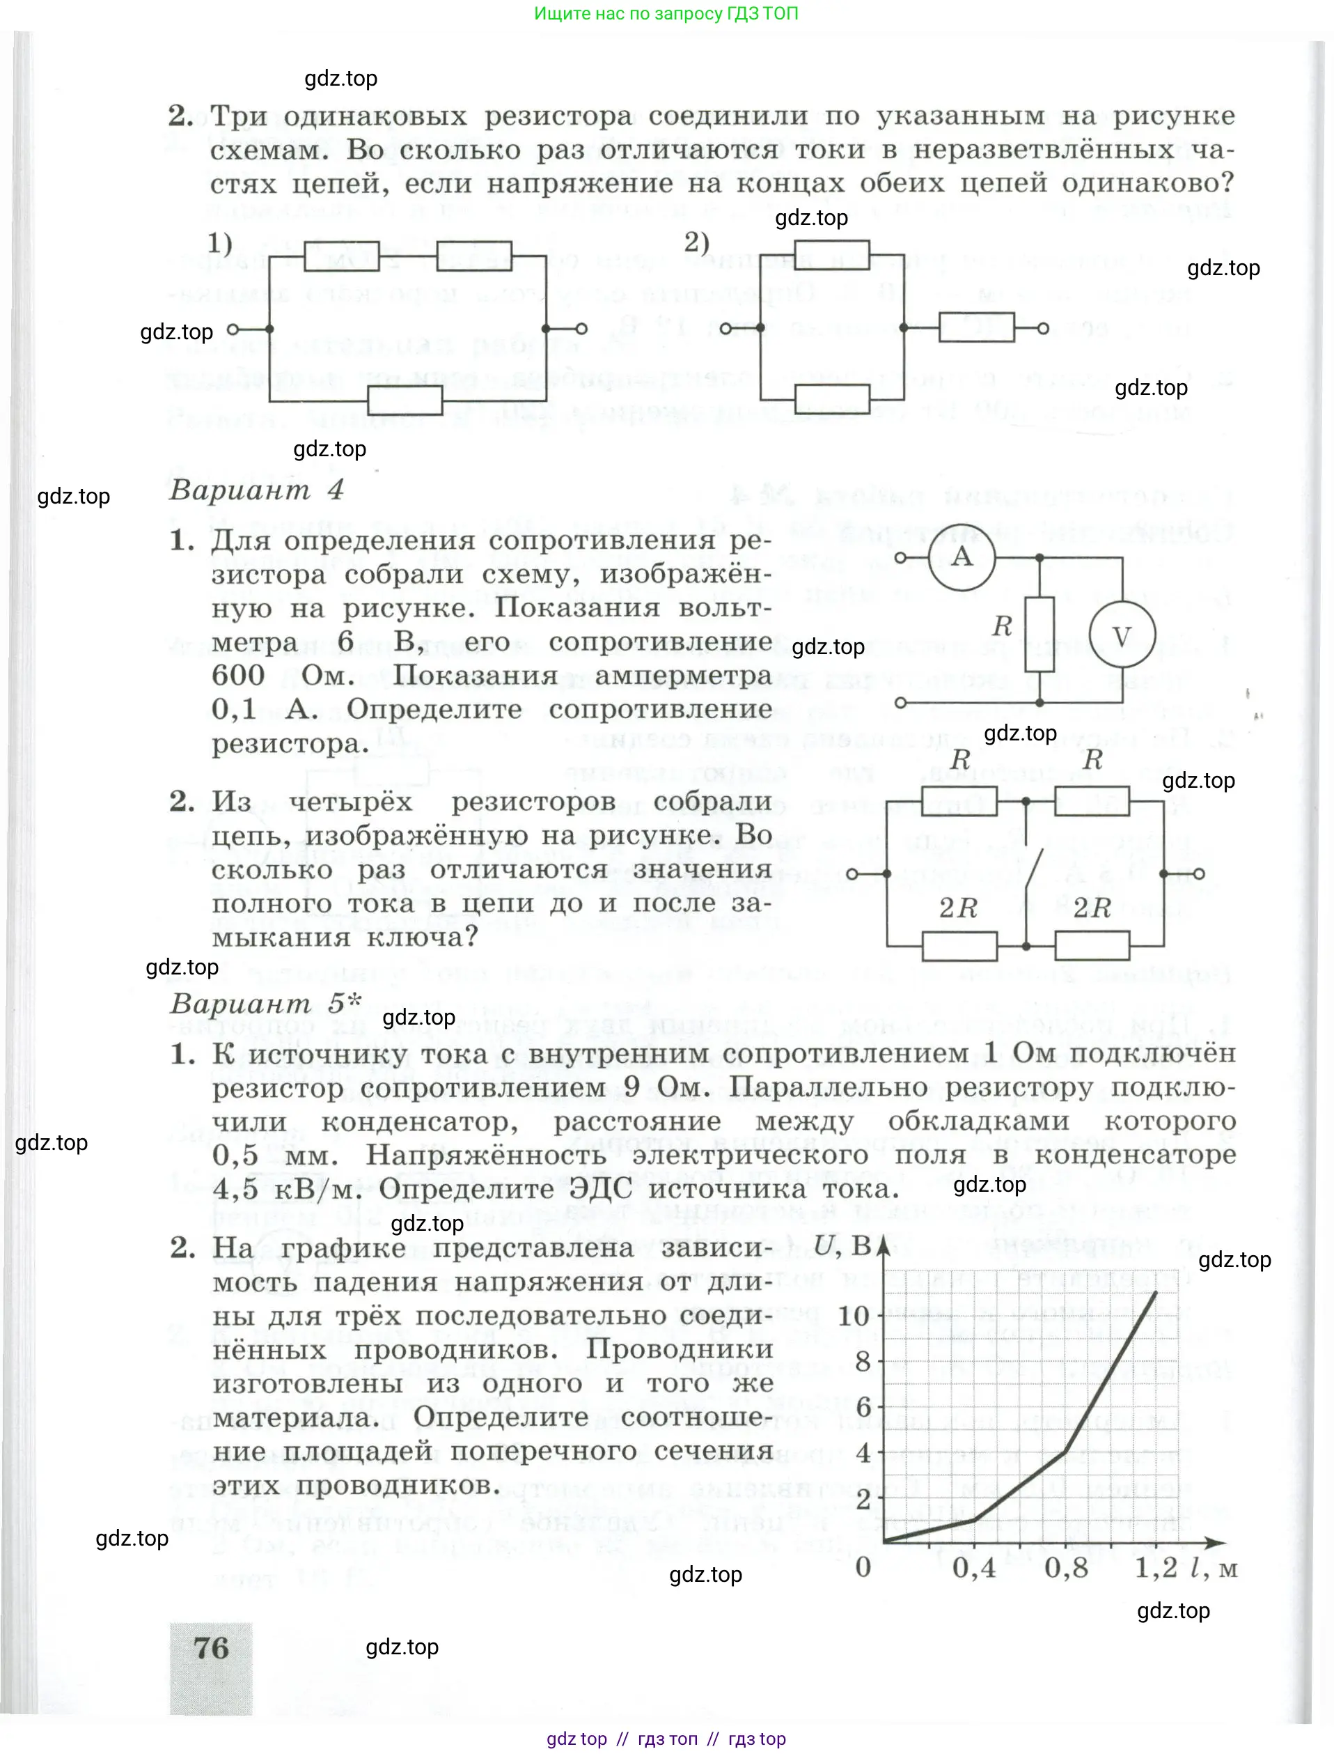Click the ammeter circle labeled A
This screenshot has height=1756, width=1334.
click(962, 557)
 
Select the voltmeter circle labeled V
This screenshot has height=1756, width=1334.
click(1121, 636)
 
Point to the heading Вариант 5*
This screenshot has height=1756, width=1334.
click(266, 1003)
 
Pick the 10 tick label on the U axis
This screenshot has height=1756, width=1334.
click(854, 1316)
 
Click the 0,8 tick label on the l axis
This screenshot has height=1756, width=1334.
click(1066, 1567)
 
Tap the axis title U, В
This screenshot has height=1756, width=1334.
click(842, 1245)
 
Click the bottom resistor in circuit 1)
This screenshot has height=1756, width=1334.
click(405, 401)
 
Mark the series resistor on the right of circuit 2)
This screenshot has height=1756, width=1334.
click(976, 328)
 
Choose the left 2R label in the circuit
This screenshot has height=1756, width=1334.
click(957, 908)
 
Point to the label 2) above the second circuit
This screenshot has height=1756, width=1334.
click(696, 242)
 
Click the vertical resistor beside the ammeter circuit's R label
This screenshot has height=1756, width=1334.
click(1039, 635)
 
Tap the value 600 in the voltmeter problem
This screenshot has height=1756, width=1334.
click(237, 676)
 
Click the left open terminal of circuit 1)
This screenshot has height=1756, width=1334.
click(233, 329)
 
